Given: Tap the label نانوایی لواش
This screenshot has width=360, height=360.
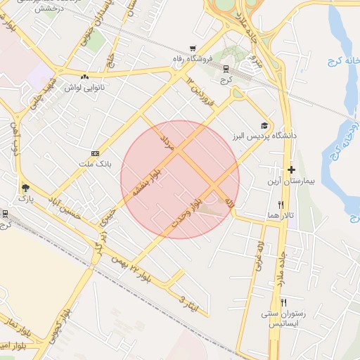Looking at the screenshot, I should [85, 88].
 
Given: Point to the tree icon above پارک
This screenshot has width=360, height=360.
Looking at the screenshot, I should [26, 188].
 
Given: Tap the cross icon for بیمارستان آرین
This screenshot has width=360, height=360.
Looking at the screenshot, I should [291, 169].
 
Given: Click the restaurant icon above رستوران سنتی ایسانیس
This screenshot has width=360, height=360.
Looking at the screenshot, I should [283, 302].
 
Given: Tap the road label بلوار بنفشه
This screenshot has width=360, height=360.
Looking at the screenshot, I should [144, 184].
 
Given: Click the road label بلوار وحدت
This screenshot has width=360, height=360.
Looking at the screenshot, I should [186, 212].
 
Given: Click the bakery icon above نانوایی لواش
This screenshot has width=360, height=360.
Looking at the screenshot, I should [85, 77].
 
